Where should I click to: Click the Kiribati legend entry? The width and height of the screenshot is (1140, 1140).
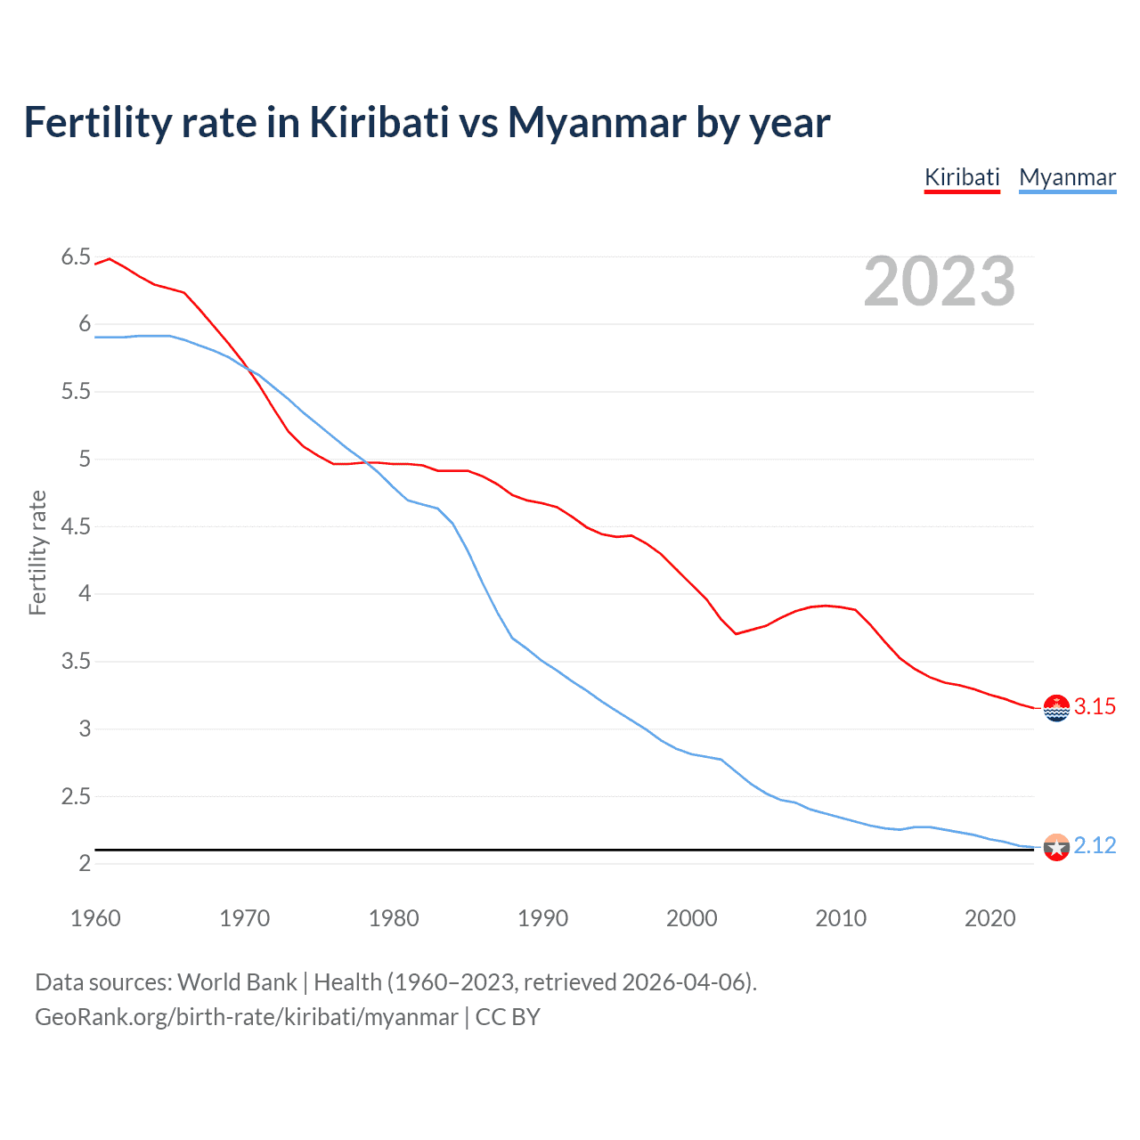click(962, 177)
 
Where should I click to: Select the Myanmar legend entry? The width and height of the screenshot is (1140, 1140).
click(1067, 177)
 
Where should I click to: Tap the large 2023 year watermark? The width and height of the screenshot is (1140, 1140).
click(939, 281)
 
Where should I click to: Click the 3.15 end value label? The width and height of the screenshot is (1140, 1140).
click(1095, 706)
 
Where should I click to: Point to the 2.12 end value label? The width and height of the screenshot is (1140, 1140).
click(1095, 845)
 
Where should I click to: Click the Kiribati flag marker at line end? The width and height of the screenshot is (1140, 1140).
click(1056, 708)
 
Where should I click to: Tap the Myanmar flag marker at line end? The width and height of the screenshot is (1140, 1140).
click(1056, 847)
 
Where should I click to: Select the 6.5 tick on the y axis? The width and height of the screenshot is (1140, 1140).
click(76, 257)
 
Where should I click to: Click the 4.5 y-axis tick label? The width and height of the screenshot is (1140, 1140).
click(76, 526)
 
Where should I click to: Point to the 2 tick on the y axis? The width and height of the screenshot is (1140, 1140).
click(85, 863)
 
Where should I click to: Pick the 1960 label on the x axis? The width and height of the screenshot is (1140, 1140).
click(95, 918)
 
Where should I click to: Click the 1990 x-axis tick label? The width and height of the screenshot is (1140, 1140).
click(542, 918)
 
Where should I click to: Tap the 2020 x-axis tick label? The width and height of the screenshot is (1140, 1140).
click(989, 918)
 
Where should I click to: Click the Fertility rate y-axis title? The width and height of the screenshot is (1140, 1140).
click(37, 552)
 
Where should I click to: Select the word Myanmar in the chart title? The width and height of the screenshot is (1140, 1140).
click(597, 123)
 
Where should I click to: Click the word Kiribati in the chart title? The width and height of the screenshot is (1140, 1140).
click(379, 122)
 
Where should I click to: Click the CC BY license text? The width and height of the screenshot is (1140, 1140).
click(508, 1017)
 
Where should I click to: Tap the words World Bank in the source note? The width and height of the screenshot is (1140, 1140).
click(237, 982)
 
